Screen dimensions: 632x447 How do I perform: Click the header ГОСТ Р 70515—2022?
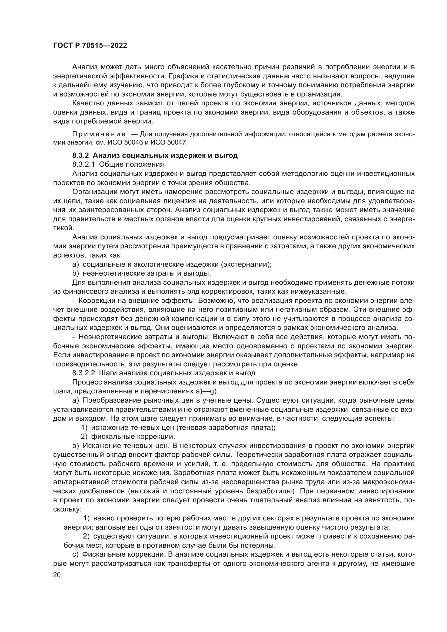[90, 46]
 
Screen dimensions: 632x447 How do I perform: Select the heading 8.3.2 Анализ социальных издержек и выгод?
[155, 156]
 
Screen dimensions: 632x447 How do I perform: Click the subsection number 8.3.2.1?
[84, 165]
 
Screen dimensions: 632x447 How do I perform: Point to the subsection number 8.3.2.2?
[84, 373]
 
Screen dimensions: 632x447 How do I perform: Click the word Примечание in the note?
[99, 134]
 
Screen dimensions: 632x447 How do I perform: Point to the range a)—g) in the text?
[205, 391]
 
